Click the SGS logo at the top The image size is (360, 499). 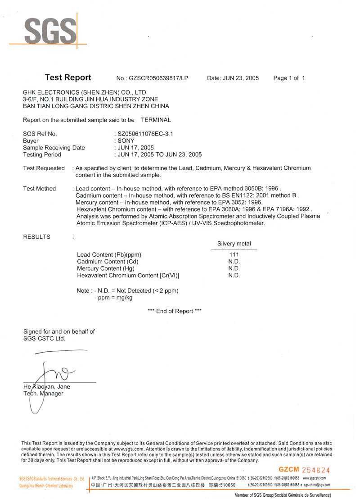tap(50, 31)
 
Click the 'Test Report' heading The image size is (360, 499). tap(68, 77)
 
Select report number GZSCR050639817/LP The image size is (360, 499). tap(158, 78)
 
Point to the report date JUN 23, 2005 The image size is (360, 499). tap(240, 78)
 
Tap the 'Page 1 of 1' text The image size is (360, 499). tap(289, 78)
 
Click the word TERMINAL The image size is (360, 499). tap(156, 120)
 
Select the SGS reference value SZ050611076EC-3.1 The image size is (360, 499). tap(145, 134)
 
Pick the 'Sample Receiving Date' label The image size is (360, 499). tap(54, 148)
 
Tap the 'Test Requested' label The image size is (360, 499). tap(44, 168)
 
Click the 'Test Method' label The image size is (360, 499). tap(40, 189)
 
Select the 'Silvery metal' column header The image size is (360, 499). tap(234, 244)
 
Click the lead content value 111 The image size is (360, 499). tap(234, 255)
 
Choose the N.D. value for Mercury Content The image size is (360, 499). tap(234, 268)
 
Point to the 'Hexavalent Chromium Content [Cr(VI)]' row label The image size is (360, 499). tap(125, 275)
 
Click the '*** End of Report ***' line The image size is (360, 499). tap(175, 311)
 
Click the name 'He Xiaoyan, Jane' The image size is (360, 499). tap(47, 386)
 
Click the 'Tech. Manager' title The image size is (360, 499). tap(43, 394)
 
